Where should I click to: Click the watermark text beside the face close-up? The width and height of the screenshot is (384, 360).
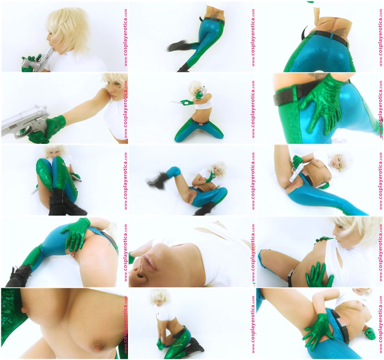coord(253,252)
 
